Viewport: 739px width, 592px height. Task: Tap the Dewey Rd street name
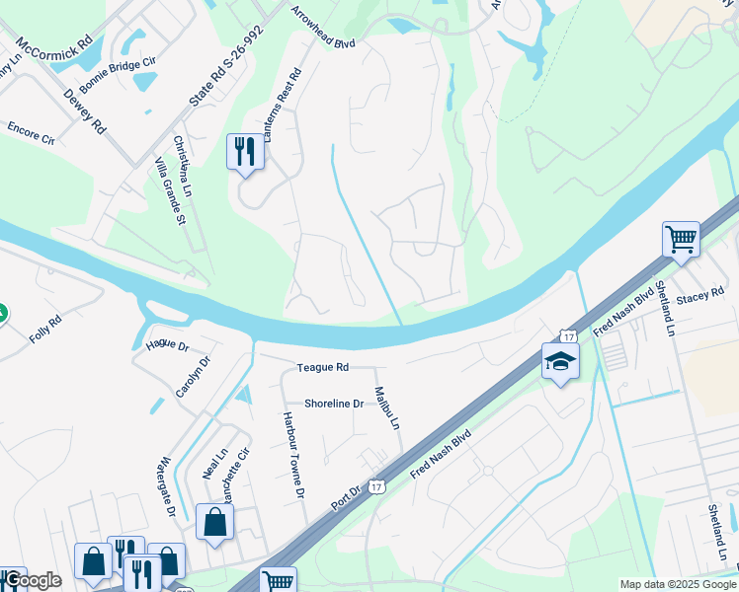tap(84, 111)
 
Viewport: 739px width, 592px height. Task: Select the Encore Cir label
tap(31, 133)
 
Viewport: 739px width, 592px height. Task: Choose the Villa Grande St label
tap(165, 193)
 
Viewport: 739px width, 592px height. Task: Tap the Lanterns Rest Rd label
tap(284, 116)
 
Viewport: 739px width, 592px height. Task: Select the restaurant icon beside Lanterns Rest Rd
tap(245, 151)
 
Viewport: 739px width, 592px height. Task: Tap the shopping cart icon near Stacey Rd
tap(681, 239)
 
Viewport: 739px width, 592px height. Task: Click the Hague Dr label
tap(167, 345)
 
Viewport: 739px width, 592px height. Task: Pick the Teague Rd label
tap(323, 367)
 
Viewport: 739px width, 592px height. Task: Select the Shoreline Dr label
tap(334, 404)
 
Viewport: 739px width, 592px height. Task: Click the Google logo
tap(32, 580)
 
